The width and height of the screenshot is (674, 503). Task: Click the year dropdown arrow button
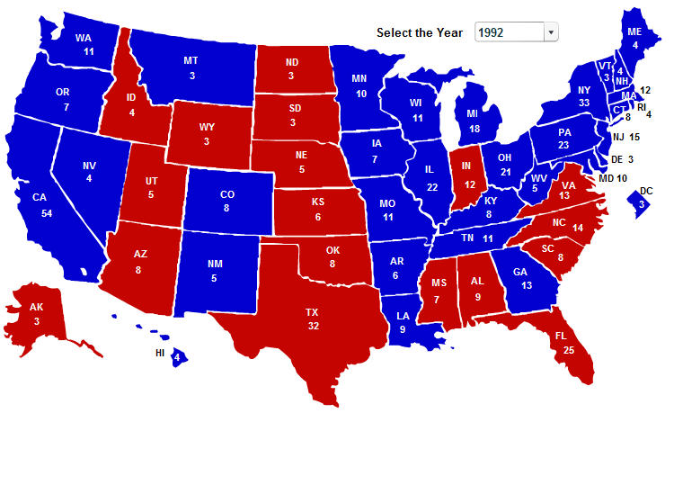[551, 32]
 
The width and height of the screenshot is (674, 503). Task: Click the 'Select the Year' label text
[420, 32]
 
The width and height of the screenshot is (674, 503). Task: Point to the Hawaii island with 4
[178, 357]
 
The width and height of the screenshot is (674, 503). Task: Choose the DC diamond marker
[641, 202]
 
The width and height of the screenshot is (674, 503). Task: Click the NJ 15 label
[625, 137]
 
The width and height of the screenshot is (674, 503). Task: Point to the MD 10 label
[613, 178]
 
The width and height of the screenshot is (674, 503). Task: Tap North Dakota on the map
[293, 68]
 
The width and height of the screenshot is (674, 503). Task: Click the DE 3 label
[624, 159]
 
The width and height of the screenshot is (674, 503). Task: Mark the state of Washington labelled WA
[84, 44]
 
